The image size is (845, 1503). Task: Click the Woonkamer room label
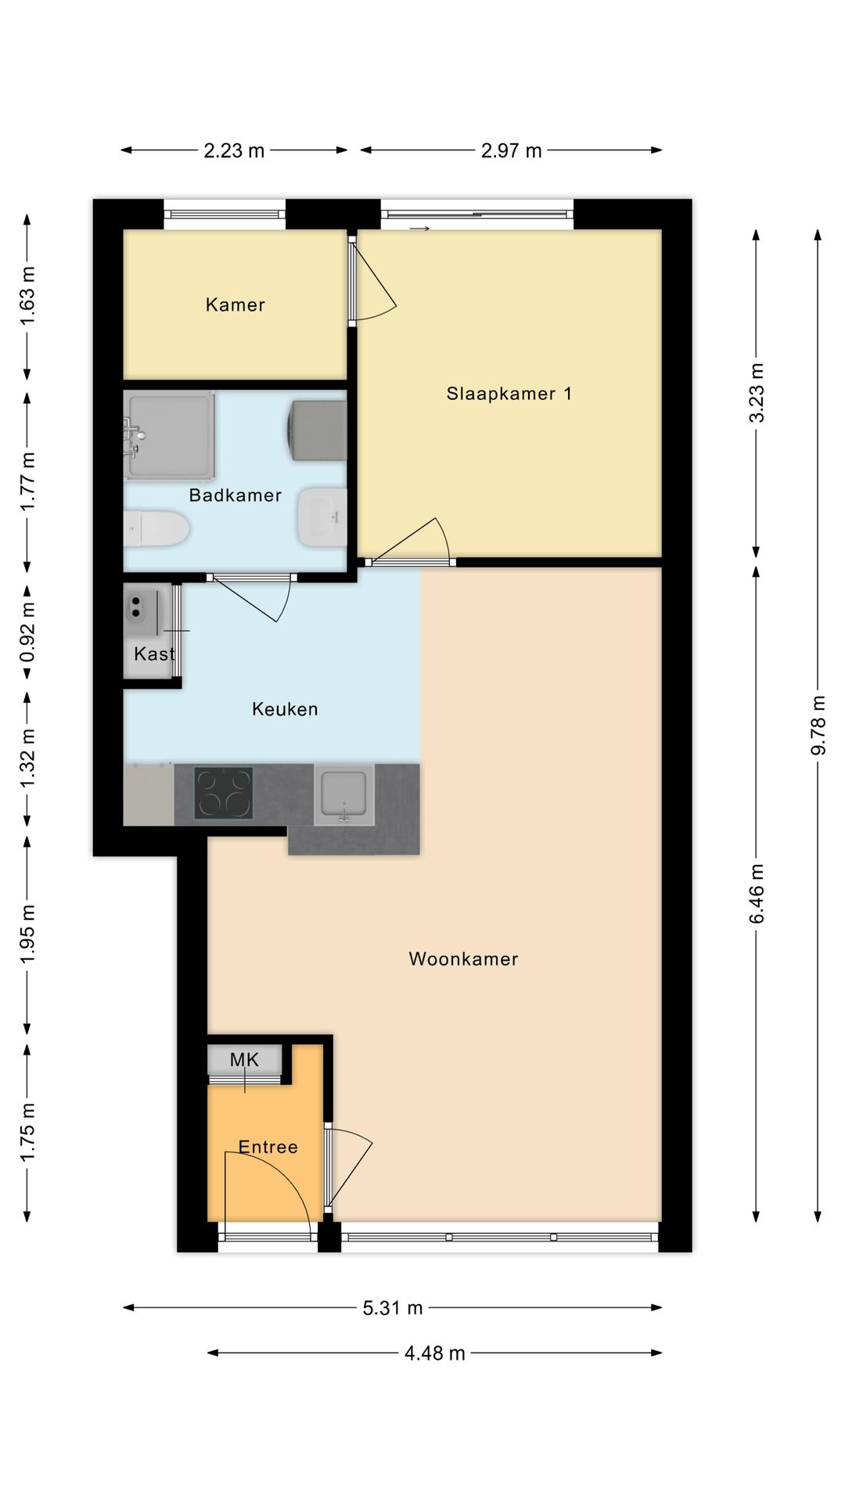[x=463, y=959]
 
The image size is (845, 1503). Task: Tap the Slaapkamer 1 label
[x=509, y=393]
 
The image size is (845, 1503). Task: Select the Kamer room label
[x=235, y=305]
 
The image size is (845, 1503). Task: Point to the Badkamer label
[x=235, y=495]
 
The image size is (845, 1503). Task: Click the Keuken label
[x=285, y=709]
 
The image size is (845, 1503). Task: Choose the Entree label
[x=268, y=1147]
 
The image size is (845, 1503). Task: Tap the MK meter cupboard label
[x=244, y=1060]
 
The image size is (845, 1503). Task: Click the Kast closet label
[x=154, y=654]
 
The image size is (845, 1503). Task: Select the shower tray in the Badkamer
[x=170, y=436]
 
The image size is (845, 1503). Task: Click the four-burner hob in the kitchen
[x=224, y=794]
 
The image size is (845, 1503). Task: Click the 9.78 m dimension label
[x=818, y=725]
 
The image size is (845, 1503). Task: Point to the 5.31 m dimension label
[x=393, y=1307]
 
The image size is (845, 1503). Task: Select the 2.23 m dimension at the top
[x=234, y=150]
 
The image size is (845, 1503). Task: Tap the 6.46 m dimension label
[x=757, y=894]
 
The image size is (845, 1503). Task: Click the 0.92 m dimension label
[x=27, y=631]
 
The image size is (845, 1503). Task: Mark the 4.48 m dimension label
[x=435, y=1353]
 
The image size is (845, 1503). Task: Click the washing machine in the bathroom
[x=318, y=431]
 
